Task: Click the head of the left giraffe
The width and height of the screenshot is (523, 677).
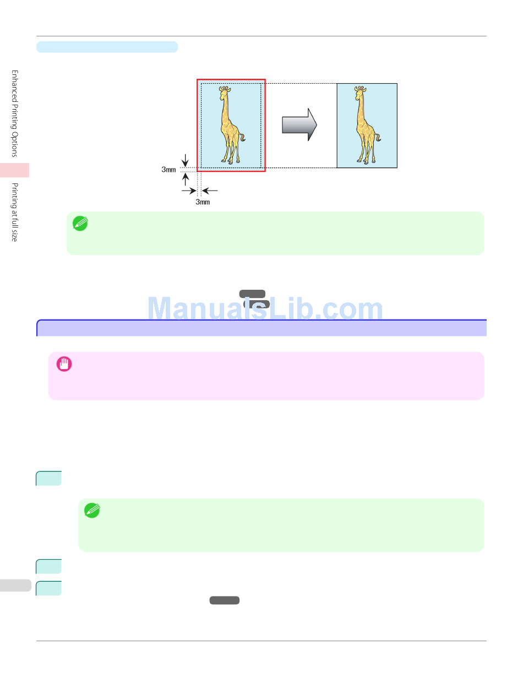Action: (x=224, y=90)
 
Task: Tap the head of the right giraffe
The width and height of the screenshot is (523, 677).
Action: (x=360, y=90)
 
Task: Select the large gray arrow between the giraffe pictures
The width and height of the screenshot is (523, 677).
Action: (x=299, y=124)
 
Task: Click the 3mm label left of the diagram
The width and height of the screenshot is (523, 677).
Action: (x=168, y=170)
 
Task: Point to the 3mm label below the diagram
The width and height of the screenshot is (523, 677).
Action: (x=203, y=202)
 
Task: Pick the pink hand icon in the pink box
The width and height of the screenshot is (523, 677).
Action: (x=64, y=364)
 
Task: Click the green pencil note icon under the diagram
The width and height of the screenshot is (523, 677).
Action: (x=80, y=223)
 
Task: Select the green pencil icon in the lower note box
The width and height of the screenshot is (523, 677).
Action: (x=92, y=511)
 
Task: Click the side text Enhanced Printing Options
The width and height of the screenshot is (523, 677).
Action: (x=15, y=113)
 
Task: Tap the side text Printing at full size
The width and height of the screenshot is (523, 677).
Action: (x=15, y=212)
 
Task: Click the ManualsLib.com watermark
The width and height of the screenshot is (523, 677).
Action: (x=265, y=310)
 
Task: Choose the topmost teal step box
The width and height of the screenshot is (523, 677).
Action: (x=48, y=478)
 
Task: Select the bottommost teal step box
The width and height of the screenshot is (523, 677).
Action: (x=48, y=588)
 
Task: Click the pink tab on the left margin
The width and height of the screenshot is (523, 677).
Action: (x=14, y=170)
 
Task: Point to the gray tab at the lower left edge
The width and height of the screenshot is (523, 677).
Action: (x=15, y=585)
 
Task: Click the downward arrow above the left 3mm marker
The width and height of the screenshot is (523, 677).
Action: (x=186, y=160)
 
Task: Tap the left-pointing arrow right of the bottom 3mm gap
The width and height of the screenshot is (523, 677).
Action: (x=210, y=191)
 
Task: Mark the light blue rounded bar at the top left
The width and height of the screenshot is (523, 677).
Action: (x=107, y=47)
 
